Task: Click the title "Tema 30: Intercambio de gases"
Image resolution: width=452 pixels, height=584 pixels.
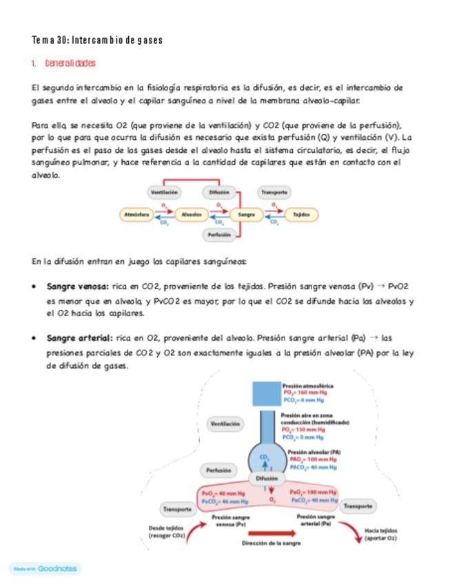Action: point(97,40)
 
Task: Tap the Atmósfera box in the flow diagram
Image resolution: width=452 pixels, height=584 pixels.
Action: point(136,215)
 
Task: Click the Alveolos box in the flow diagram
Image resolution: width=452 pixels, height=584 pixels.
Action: point(192,215)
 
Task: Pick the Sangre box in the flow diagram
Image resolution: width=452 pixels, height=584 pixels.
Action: point(246,215)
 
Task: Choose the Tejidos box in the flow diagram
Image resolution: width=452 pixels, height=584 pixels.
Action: point(301,215)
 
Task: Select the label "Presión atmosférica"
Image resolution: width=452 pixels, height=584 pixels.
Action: point(308,386)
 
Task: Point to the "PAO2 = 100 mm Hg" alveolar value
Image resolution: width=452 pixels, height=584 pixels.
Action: point(313,459)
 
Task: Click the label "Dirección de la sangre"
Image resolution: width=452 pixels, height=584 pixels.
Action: point(271,543)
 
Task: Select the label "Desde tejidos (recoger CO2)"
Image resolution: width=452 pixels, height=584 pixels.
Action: point(166,532)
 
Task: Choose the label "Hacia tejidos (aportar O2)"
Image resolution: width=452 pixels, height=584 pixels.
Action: point(380,534)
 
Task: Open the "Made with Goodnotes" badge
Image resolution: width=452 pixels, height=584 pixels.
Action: point(45,569)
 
